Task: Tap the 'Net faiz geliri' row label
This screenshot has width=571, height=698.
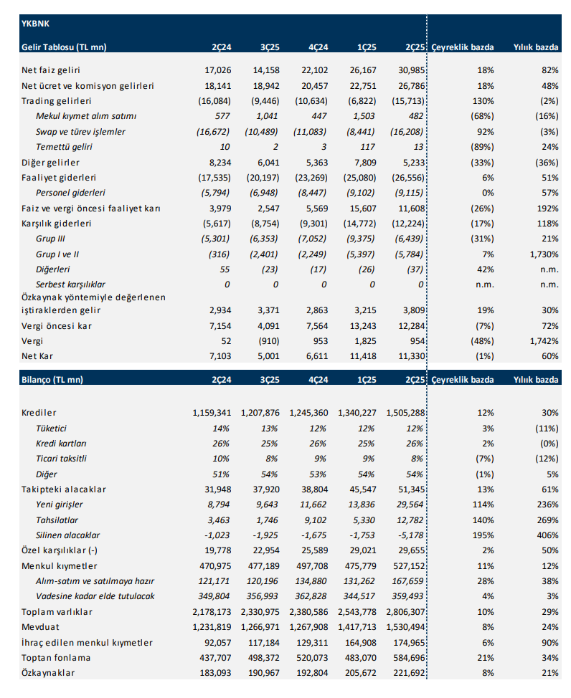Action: [x=51, y=70]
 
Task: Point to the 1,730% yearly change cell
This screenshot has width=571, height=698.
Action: [x=542, y=254]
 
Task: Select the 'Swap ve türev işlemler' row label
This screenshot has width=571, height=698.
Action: [x=80, y=132]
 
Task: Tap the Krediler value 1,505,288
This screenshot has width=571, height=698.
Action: [x=406, y=413]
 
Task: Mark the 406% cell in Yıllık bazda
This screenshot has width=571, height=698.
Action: [x=546, y=535]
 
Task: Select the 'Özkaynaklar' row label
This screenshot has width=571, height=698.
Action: [x=49, y=673]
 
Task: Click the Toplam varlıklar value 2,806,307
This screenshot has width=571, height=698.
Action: [x=406, y=612]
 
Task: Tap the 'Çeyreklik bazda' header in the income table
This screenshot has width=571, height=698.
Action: [x=463, y=47]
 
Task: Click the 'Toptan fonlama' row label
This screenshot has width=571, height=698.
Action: [x=57, y=658]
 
